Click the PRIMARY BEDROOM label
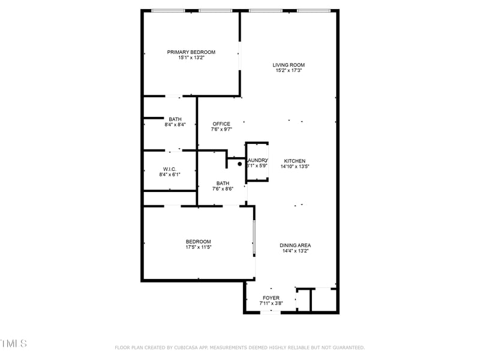coord(191,52)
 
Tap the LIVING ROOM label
coord(289,65)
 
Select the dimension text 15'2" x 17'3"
coord(289,70)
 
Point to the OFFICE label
coord(221,124)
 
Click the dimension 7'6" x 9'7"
coord(221,130)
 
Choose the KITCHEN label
coord(295,161)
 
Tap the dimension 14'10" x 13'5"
coord(295,166)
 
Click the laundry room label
coord(257,160)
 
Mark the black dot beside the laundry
coord(239,164)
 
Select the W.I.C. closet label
coord(169,169)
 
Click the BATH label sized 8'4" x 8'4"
coord(175,119)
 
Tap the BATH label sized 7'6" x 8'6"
coord(223,184)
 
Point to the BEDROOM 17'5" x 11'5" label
coord(198,242)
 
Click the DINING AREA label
coord(295,245)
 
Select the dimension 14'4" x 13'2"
coord(295,251)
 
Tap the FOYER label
coord(271,298)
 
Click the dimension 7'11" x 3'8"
coord(271,304)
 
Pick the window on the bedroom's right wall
coord(254,236)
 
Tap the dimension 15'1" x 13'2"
coord(191,58)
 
